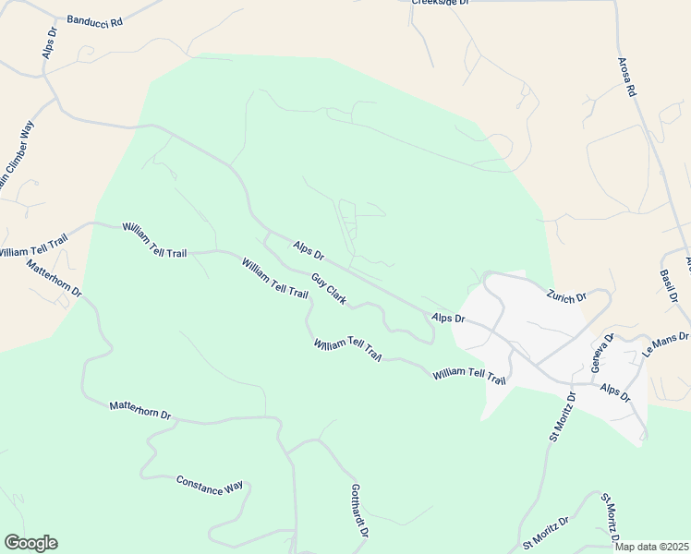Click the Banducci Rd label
(94, 20)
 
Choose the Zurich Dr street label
(566, 296)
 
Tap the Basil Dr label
(670, 286)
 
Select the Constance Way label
(210, 485)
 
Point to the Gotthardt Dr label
(359, 512)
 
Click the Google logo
(30, 543)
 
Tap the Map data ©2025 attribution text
(650, 547)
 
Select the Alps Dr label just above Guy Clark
(309, 249)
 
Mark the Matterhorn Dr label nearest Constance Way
(140, 410)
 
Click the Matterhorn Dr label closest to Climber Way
(55, 279)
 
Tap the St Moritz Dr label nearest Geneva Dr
(563, 417)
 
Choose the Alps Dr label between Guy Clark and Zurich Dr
(447, 318)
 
